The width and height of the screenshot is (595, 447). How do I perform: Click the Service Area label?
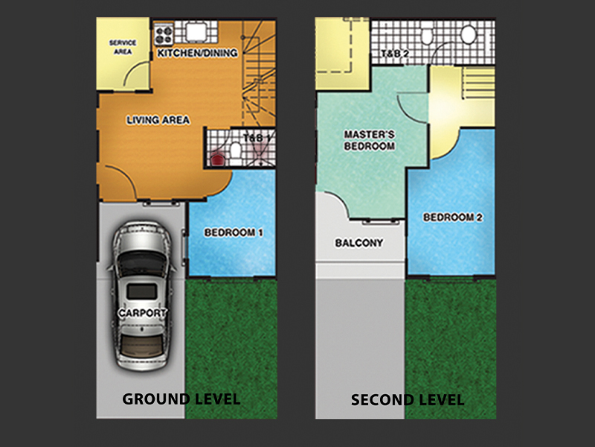[123, 47]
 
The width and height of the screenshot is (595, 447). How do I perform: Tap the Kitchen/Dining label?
[197, 53]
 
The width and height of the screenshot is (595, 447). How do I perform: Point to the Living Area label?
[158, 120]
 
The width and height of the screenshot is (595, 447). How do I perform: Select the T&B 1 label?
[257, 138]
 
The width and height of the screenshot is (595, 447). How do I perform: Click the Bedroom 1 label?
[234, 232]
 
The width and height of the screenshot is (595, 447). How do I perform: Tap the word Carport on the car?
[142, 313]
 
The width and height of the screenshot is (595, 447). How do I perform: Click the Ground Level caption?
[181, 399]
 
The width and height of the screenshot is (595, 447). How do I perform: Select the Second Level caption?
[408, 400]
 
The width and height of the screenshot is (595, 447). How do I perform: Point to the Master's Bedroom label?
[369, 140]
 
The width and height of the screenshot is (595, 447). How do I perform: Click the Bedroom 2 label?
[453, 218]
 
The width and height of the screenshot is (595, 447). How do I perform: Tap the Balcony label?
[358, 243]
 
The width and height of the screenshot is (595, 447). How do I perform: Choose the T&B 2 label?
[395, 53]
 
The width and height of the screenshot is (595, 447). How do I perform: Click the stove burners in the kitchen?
[164, 34]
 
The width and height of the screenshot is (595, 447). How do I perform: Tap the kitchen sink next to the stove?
[196, 32]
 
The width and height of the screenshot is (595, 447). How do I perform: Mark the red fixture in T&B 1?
[217, 159]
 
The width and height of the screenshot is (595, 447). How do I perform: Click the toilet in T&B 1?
[235, 150]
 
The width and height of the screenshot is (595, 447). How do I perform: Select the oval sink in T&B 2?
[469, 34]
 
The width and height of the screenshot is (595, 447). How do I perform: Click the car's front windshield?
[141, 261]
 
